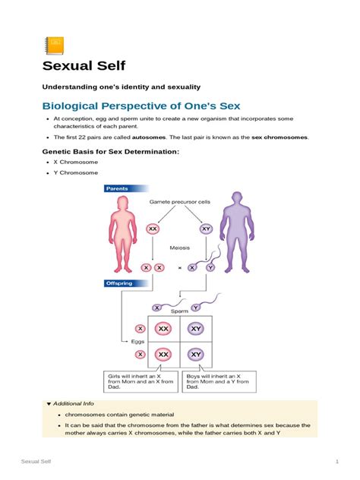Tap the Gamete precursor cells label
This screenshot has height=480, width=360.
(179, 202)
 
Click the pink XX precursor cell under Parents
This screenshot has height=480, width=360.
(153, 228)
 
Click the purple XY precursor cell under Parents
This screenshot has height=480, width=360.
(206, 228)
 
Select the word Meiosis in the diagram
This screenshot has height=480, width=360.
(180, 248)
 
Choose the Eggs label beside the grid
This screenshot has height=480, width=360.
(137, 342)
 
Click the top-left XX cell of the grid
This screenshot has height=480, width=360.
(163, 329)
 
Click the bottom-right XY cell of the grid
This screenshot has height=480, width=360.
(196, 354)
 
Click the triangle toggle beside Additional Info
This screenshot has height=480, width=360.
(49, 403)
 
